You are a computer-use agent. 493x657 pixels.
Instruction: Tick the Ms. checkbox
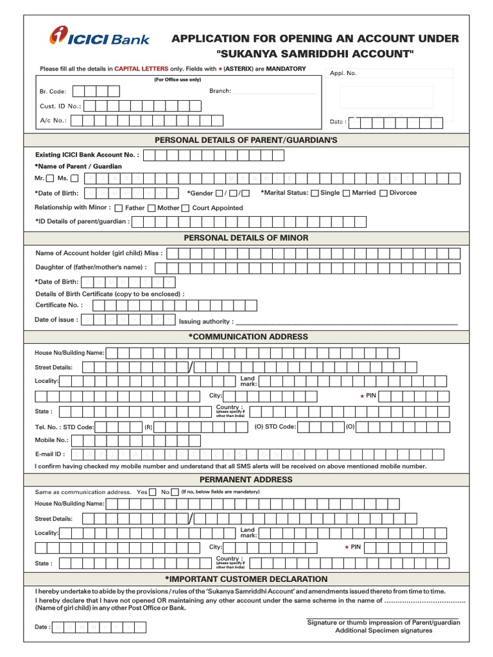point(74,178)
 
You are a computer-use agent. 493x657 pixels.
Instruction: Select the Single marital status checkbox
point(315,193)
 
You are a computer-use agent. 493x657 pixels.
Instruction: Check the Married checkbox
point(346,193)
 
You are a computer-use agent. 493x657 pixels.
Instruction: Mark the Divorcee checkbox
point(383,193)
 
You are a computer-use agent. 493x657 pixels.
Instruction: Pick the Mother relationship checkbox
point(151,208)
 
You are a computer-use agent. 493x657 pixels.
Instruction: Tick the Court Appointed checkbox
point(186,208)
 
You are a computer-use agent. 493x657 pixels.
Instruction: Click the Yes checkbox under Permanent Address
point(152,492)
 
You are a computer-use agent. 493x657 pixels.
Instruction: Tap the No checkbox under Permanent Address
point(175,492)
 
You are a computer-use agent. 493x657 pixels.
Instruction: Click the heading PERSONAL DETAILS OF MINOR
point(246,238)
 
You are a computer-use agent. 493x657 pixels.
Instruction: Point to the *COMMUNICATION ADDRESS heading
point(247,337)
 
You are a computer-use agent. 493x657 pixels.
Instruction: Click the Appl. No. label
point(343,73)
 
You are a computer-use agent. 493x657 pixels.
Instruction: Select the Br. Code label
point(53,92)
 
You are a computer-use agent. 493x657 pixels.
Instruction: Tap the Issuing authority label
point(206,321)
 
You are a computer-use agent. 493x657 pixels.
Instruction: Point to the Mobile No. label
point(51,440)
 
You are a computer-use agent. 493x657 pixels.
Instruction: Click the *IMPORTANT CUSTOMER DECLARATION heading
point(246,579)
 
